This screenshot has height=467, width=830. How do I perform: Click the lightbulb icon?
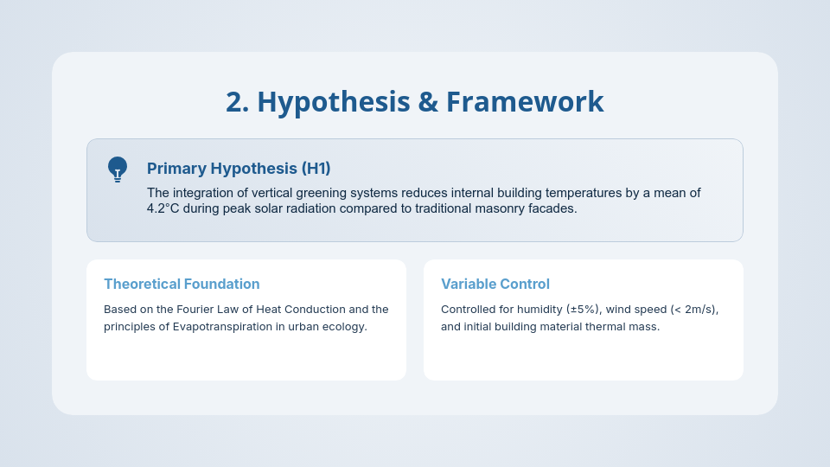click(x=118, y=170)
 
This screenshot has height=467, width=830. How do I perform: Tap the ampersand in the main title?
click(x=428, y=102)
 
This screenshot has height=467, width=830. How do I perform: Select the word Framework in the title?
click(x=525, y=102)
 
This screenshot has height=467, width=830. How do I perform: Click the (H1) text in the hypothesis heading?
click(x=316, y=169)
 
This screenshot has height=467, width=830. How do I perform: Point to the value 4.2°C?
click(x=163, y=208)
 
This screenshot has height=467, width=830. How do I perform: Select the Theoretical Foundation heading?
click(x=182, y=284)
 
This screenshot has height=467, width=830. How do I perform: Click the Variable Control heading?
click(x=495, y=284)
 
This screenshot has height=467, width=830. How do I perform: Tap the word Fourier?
click(x=195, y=310)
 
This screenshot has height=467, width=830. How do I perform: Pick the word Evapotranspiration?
click(x=222, y=327)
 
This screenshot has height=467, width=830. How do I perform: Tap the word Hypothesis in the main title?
click(x=334, y=102)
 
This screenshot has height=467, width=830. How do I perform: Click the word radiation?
click(x=312, y=208)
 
